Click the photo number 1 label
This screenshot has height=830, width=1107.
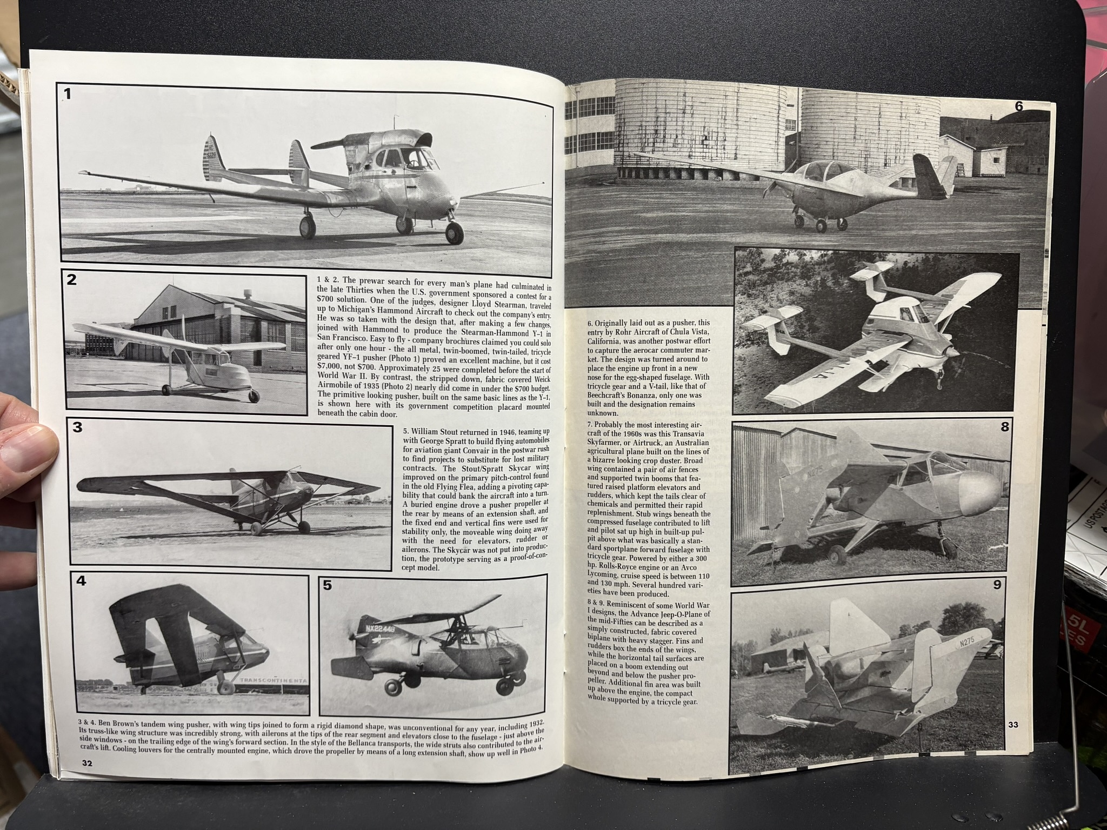click(x=67, y=95)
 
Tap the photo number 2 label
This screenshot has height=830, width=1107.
click(x=72, y=280)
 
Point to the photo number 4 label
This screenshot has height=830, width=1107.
click(x=81, y=581)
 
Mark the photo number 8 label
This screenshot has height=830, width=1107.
click(x=1004, y=427)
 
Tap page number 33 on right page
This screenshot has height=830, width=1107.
click(x=1013, y=725)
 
